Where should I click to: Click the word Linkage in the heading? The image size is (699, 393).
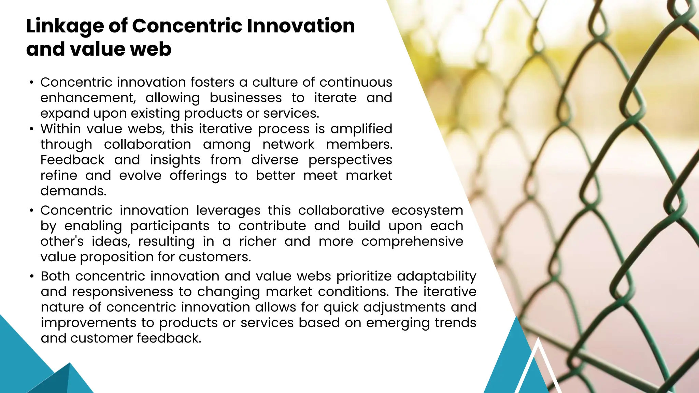(65, 26)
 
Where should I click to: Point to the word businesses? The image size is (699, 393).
(245, 98)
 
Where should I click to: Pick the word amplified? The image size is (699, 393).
(361, 129)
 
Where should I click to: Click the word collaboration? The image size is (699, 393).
(147, 145)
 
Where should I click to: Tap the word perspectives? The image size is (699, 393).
(350, 160)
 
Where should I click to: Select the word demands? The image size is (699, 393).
(73, 191)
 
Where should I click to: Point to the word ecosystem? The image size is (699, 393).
(427, 210)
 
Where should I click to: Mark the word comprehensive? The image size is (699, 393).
(412, 242)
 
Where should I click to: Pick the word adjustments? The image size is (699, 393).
(404, 307)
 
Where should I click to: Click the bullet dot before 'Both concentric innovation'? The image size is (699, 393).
(32, 276)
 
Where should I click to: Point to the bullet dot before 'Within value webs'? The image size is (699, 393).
(32, 129)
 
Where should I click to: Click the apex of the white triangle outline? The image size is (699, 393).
(538, 338)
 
